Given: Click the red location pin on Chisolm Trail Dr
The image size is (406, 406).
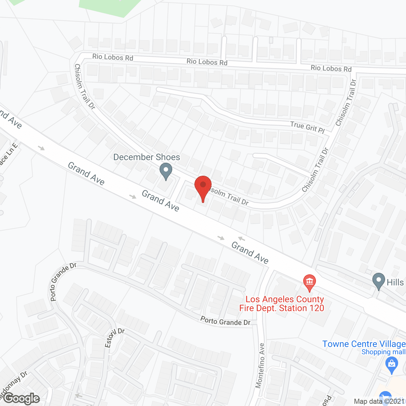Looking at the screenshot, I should [x=203, y=186].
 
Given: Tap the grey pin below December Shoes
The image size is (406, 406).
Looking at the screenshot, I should [x=166, y=170].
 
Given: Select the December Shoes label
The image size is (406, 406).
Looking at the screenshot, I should [x=147, y=157].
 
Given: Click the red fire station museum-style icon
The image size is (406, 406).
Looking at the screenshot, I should [x=309, y=282].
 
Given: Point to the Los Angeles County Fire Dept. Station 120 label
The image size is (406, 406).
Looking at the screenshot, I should [x=282, y=304].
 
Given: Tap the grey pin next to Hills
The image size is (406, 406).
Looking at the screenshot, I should [x=378, y=280].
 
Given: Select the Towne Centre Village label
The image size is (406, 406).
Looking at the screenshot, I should [x=364, y=344].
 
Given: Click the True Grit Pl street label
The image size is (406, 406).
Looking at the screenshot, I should [x=307, y=127].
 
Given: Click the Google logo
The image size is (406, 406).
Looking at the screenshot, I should [x=22, y=398].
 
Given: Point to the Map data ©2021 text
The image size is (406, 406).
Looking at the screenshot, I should [x=379, y=401].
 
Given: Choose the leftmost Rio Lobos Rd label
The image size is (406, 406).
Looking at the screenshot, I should [x=113, y=57].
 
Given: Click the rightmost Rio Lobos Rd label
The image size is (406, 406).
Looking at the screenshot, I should [x=331, y=68].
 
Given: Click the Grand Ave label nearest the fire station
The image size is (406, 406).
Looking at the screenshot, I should [x=250, y=252].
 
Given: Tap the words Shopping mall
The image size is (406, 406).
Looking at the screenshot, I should [x=383, y=352].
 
